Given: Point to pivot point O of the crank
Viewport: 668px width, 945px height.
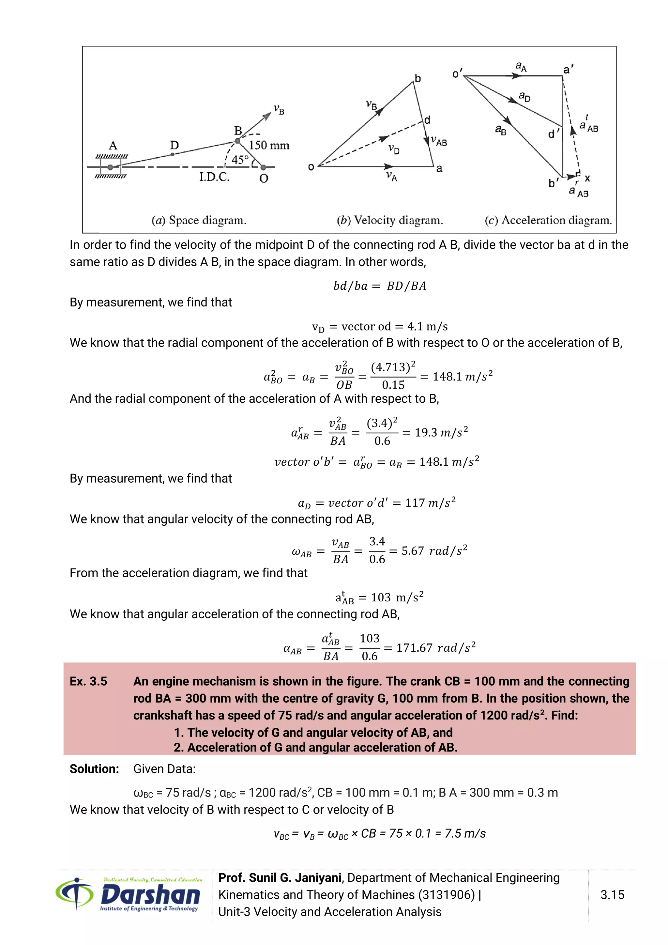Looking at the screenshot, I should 263,167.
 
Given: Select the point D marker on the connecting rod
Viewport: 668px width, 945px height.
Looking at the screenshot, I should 172,154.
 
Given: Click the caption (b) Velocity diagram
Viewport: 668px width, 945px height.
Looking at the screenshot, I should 389,220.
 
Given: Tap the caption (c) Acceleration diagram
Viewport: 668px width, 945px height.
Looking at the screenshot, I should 548,220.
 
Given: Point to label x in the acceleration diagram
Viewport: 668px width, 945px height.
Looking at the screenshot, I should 587,178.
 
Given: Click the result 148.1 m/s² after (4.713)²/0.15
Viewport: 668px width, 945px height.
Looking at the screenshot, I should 462,377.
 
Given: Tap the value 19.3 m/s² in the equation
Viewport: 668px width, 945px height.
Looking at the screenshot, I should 441,433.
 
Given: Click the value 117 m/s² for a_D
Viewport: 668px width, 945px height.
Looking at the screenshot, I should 430,503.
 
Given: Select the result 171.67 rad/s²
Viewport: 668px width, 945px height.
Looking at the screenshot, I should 435,648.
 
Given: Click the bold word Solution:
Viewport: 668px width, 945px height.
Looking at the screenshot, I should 94,769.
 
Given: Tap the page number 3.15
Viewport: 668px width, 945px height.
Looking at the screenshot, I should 612,894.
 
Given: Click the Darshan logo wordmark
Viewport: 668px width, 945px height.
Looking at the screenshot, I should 150,895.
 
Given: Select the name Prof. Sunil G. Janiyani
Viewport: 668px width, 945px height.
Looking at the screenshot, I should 280,877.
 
